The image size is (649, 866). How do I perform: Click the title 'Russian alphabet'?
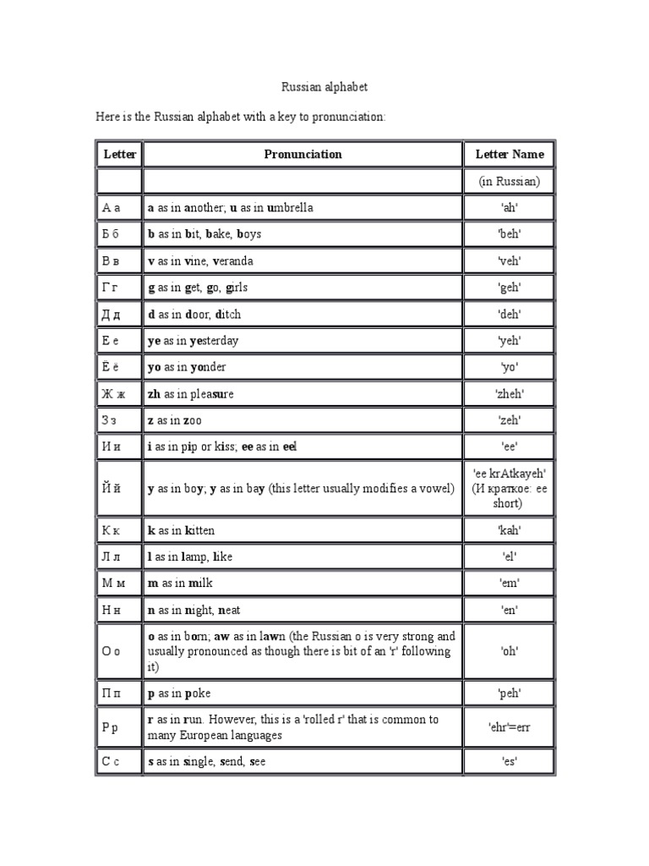(324, 87)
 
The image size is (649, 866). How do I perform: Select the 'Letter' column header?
(119, 154)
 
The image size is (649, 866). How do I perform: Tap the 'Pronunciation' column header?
(303, 154)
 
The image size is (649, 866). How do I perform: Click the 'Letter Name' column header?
(510, 154)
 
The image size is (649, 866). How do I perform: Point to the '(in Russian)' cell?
(510, 181)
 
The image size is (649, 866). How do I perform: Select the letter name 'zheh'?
(510, 394)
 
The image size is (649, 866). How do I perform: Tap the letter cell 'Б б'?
(112, 234)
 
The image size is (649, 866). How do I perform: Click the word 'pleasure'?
(211, 394)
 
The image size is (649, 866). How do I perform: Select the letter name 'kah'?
(510, 530)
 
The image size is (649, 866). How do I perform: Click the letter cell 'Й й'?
(112, 488)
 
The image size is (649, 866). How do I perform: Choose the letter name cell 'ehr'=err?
(510, 727)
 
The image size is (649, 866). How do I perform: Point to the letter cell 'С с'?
(111, 762)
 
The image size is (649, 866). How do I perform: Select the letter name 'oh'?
(510, 652)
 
